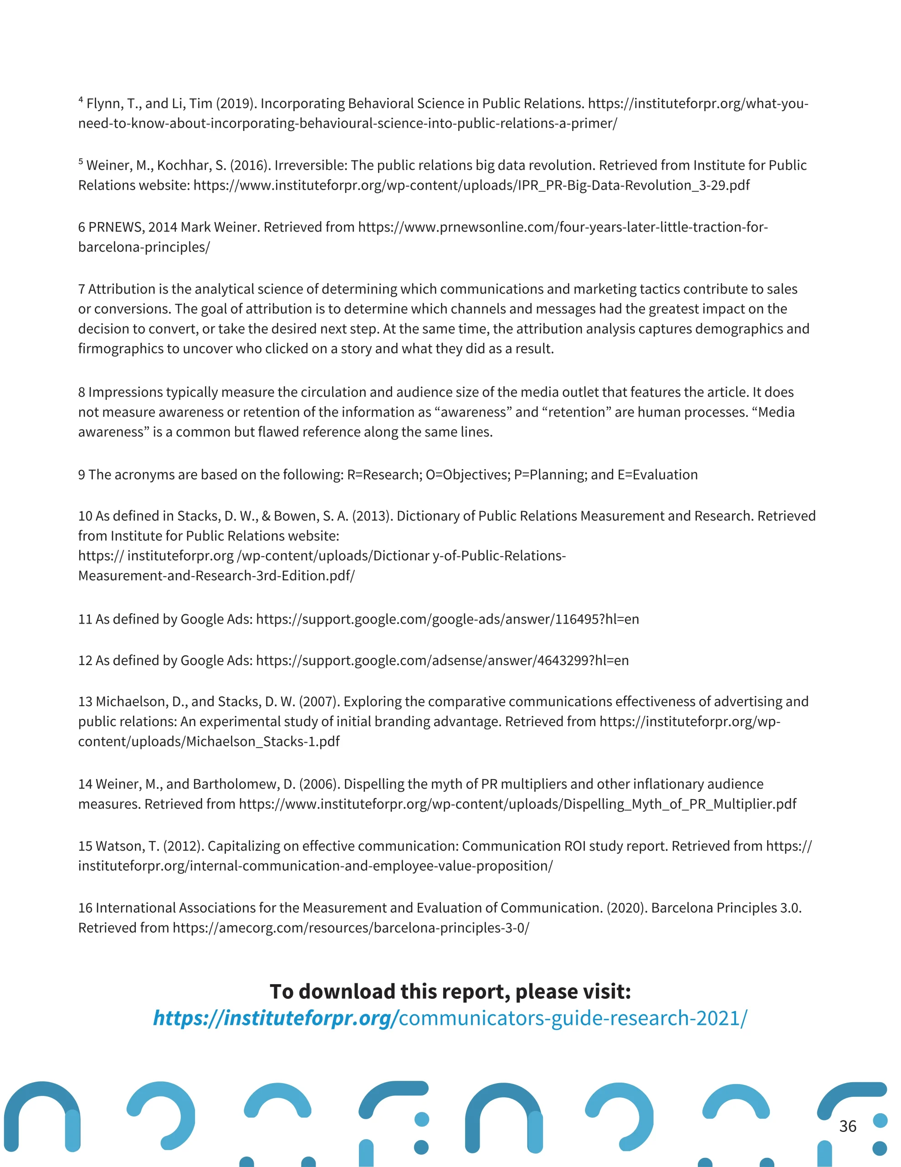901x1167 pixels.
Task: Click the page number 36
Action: tap(848, 1126)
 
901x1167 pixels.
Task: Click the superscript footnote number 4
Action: tap(81, 100)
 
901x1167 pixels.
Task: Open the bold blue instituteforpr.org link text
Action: tap(272, 1018)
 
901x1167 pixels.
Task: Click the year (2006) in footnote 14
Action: tap(318, 784)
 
